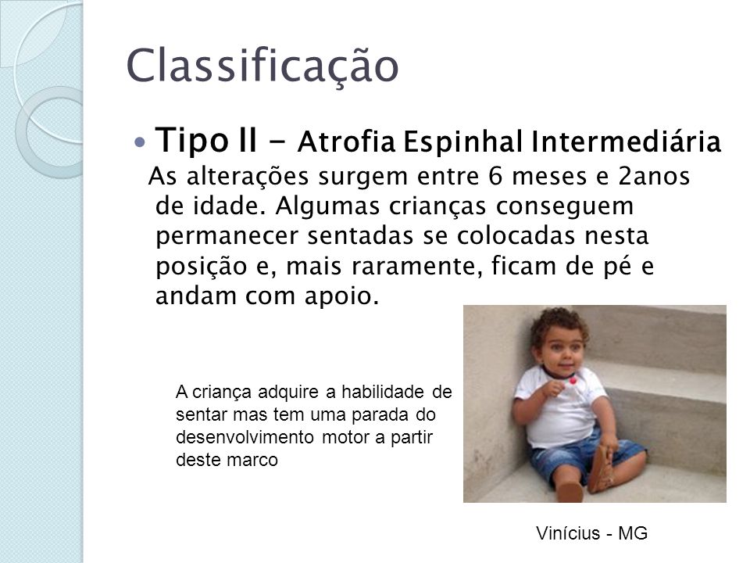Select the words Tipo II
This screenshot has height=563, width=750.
coord(205,140)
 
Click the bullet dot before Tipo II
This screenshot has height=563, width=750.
coord(140,142)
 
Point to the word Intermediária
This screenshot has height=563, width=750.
coord(626,142)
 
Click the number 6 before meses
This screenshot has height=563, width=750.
coord(495,176)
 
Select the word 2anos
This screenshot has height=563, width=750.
coord(654,176)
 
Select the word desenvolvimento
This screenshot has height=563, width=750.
coord(245,437)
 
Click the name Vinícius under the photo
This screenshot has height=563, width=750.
coord(568,533)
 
